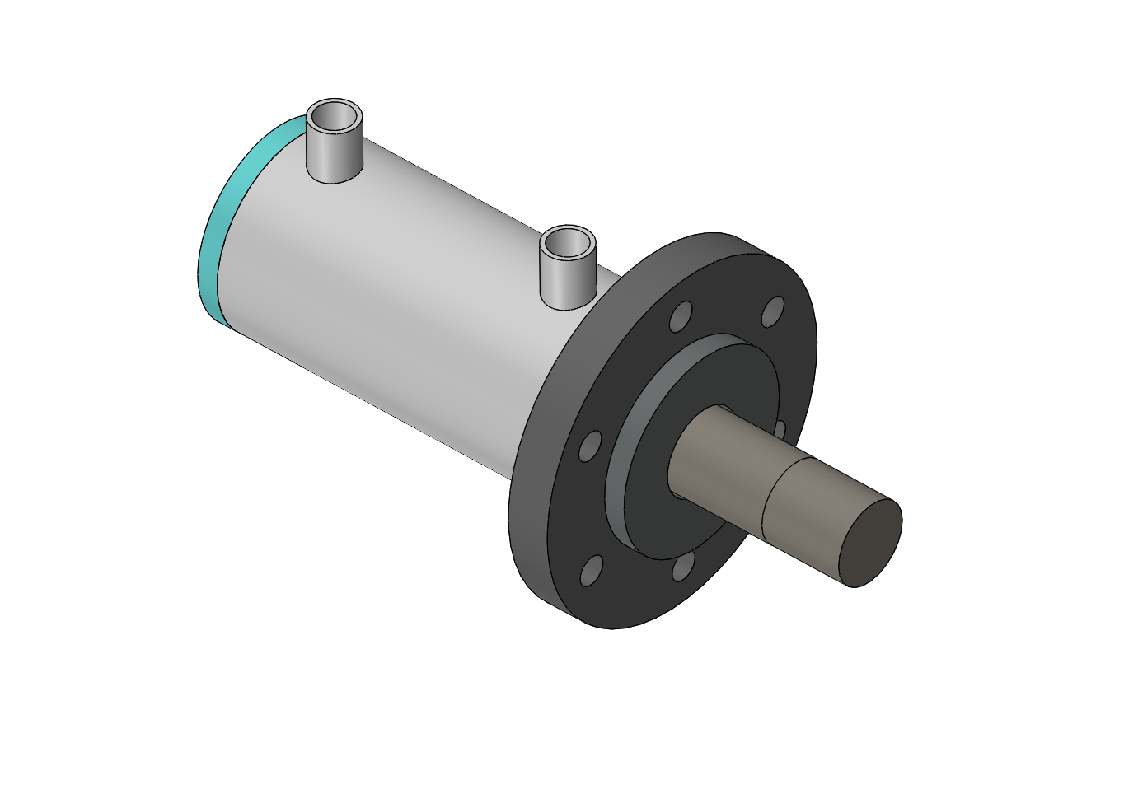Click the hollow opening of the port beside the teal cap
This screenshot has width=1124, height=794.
click(x=335, y=118)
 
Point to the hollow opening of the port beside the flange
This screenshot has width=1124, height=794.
click(x=568, y=243)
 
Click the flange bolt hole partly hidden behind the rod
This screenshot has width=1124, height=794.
click(x=780, y=428)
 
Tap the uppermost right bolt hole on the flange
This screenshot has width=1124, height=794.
click(x=773, y=311)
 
